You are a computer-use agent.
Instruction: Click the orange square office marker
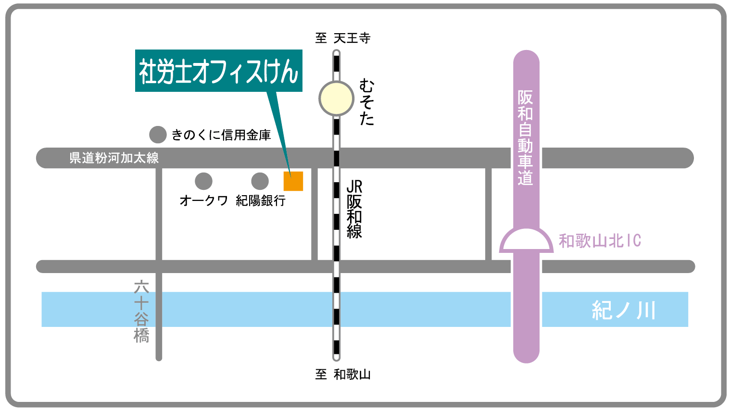293,181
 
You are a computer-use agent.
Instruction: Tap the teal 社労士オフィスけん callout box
218,71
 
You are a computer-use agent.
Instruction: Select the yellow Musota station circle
336,99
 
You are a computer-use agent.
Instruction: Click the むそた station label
366,103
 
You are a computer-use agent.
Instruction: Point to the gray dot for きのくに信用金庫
158,135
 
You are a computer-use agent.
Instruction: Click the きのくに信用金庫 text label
221,135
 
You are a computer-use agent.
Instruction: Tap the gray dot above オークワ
203,181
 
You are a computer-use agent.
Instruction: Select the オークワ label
203,200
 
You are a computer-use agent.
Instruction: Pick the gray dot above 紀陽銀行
260,181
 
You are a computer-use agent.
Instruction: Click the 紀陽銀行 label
261,200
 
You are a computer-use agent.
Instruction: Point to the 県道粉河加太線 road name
114,158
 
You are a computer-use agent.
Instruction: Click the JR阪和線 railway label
354,209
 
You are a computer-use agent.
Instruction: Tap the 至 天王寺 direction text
343,38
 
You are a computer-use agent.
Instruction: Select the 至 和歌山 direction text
343,374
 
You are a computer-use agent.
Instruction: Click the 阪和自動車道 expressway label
525,137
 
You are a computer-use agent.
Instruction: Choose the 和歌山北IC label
600,241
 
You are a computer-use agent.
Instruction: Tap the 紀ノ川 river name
624,310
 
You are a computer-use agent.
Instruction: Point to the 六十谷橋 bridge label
141,312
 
